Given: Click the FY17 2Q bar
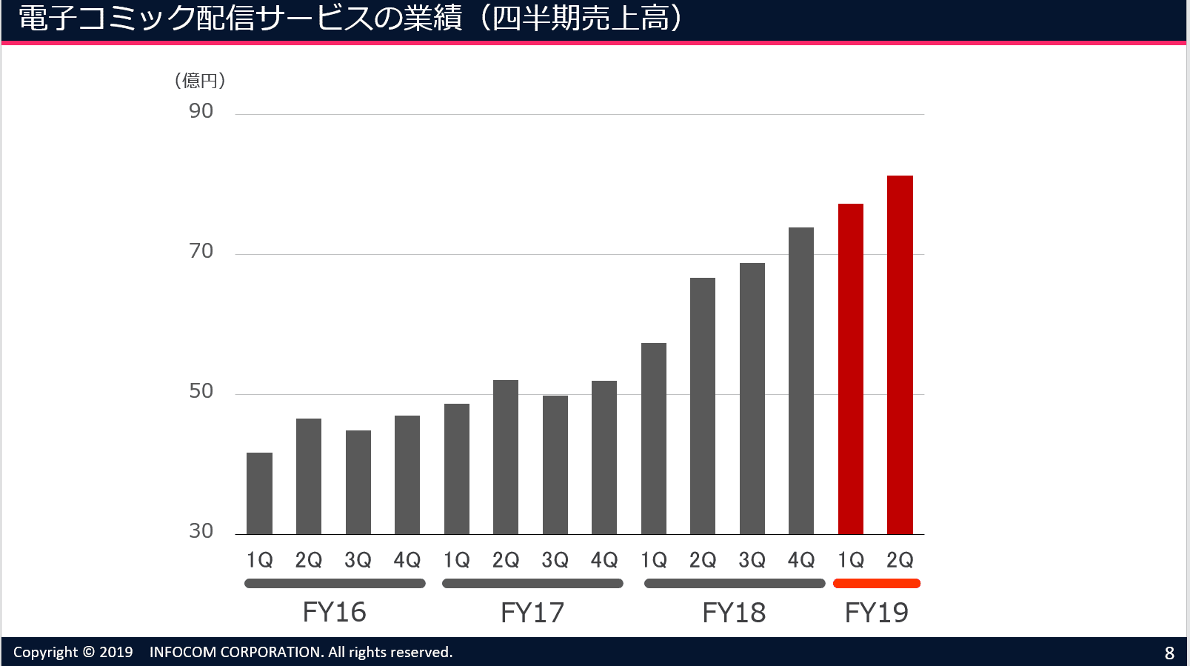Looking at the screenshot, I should pyautogui.click(x=506, y=456).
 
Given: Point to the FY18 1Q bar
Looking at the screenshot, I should pyautogui.click(x=654, y=438).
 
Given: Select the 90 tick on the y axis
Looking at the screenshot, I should pyautogui.click(x=201, y=111).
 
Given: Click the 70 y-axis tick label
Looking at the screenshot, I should pyautogui.click(x=201, y=251).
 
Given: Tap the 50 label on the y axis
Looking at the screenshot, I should pyautogui.click(x=201, y=391).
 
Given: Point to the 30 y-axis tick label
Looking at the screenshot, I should pyautogui.click(x=201, y=531).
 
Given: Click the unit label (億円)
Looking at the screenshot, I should pyautogui.click(x=200, y=81).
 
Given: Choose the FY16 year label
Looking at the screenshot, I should pyautogui.click(x=335, y=613).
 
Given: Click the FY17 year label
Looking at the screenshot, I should pyautogui.click(x=532, y=613).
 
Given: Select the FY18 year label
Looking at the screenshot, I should pyautogui.click(x=734, y=613).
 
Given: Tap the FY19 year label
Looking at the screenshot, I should pyautogui.click(x=877, y=613).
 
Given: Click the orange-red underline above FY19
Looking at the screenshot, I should pyautogui.click(x=877, y=584).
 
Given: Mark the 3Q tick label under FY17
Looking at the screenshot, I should pyautogui.click(x=555, y=560).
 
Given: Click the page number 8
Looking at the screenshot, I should pyautogui.click(x=1169, y=653).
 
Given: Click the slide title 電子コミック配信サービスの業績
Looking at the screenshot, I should pyautogui.click(x=241, y=19).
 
